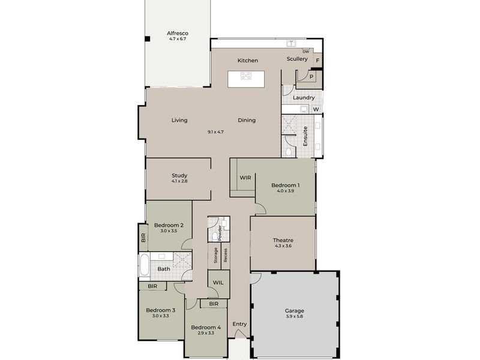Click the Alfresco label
click(177, 34)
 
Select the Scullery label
click(297, 59)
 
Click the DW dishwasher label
click(305, 52)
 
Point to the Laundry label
click(304, 98)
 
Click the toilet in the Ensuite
click(288, 151)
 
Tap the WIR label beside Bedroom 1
click(245, 178)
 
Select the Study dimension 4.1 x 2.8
click(179, 181)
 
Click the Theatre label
click(283, 240)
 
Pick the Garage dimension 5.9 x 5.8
click(294, 316)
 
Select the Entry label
click(239, 325)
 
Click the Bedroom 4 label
click(206, 328)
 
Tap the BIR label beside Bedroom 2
click(143, 238)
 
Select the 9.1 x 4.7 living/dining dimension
click(215, 131)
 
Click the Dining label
click(247, 120)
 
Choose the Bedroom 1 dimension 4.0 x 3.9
click(285, 191)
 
